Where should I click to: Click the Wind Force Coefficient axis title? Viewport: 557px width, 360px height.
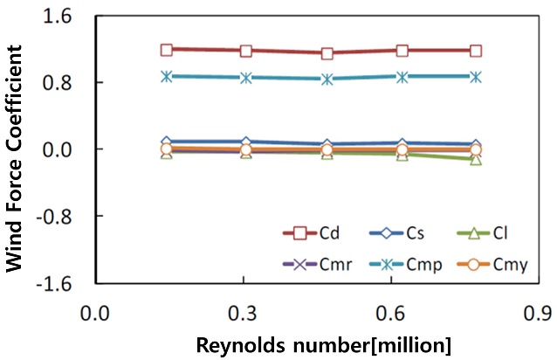(x=17, y=149)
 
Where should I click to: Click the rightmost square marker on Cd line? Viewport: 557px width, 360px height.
(x=476, y=51)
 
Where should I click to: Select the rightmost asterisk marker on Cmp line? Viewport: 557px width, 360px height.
(x=476, y=77)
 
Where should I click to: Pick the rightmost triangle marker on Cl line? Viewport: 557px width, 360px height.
(x=476, y=159)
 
